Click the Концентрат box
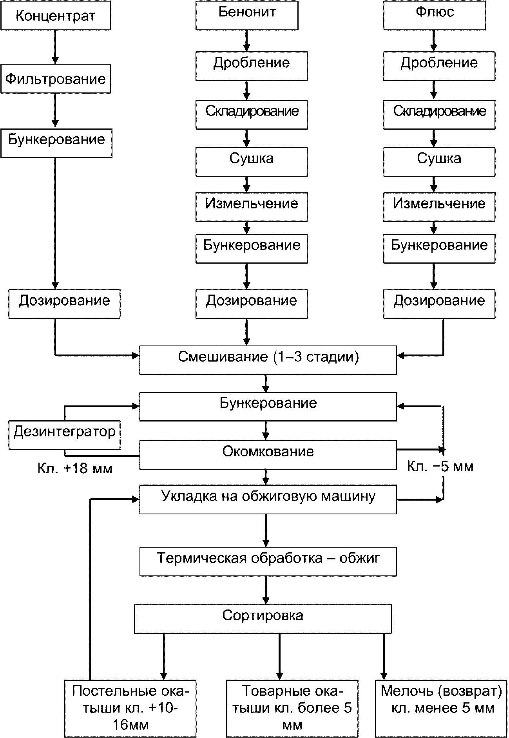point(55,16)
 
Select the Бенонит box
point(247,16)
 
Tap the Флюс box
point(435,16)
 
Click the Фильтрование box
point(55,79)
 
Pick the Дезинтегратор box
point(64,435)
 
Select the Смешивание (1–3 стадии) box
point(268,360)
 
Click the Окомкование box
point(268,455)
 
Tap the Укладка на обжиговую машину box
point(268,499)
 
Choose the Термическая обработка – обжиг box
point(268,561)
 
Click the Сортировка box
point(263,619)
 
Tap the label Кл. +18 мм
point(75,469)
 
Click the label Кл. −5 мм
point(440,466)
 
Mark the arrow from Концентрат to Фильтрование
point(55,47)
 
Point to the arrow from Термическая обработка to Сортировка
point(266,590)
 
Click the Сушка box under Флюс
point(439,162)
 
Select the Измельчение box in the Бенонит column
point(252,207)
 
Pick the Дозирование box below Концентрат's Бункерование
point(64,304)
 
